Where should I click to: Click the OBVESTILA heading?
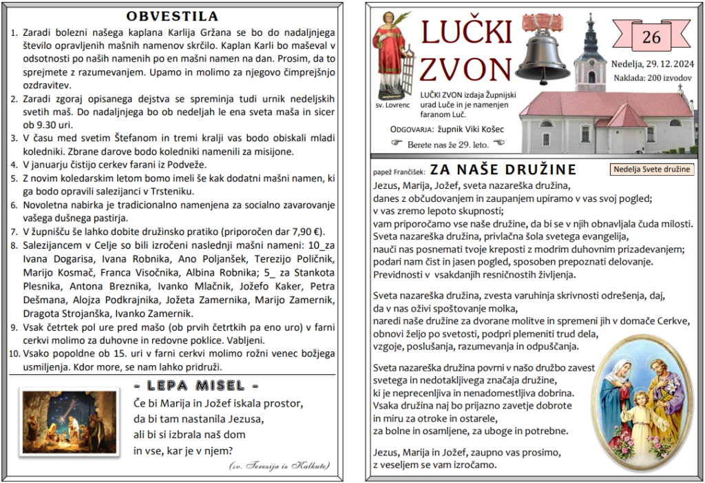pos(172,16)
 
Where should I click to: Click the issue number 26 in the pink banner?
pos(651,37)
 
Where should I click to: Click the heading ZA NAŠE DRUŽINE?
pos(503,169)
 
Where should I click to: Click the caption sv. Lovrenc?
pos(393,105)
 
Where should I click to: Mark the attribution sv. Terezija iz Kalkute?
pos(279,466)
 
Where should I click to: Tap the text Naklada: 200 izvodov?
pos(652,78)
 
